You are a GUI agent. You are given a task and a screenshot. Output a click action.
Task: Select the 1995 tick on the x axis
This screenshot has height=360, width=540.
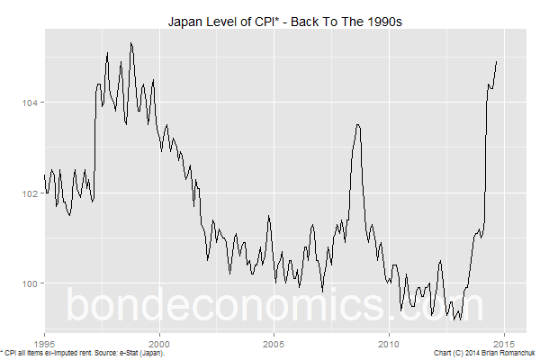[x=44, y=344]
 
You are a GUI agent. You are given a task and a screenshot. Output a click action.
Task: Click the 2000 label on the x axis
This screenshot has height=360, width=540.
[x=159, y=344]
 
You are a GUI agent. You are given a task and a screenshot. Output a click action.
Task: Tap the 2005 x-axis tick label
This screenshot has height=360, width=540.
[x=274, y=344]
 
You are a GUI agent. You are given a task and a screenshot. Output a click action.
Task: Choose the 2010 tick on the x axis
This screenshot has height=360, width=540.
[x=389, y=344]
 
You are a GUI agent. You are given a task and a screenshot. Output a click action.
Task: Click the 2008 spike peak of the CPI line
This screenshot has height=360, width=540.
[x=358, y=124]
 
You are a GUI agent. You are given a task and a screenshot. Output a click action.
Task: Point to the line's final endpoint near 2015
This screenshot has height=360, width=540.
[x=497, y=61]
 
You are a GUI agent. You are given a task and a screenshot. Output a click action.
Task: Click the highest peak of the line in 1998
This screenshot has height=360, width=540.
[x=131, y=42]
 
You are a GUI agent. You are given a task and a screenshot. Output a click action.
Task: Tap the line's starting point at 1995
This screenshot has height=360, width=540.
[x=44, y=175]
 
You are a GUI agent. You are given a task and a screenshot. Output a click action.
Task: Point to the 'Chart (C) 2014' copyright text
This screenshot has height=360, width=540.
[x=457, y=354]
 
